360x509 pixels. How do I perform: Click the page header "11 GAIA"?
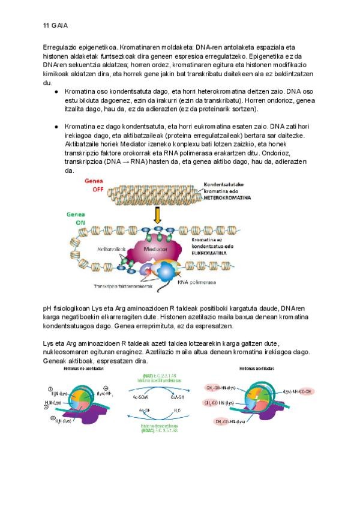(55, 26)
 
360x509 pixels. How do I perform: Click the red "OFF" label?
(98, 189)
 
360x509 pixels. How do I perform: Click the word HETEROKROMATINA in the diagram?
(227, 197)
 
